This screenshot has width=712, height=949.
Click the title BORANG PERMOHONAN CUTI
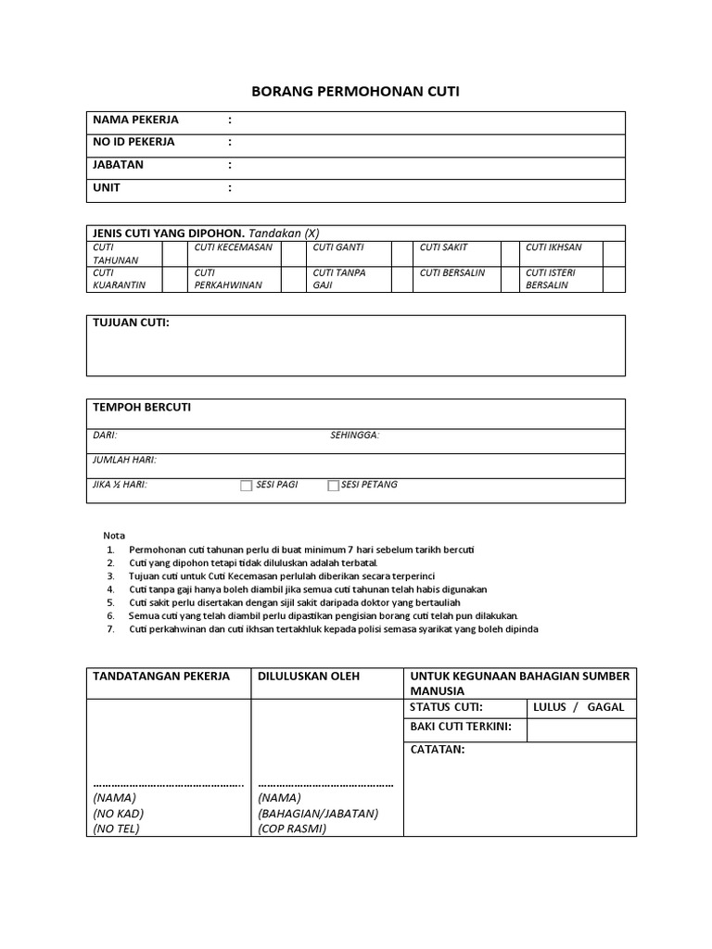click(x=355, y=92)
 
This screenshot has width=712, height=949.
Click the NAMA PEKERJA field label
click(x=135, y=120)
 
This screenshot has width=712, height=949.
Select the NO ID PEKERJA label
click(x=133, y=143)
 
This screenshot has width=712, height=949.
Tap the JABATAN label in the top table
click(x=118, y=165)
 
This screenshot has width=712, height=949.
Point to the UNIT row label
click(x=107, y=188)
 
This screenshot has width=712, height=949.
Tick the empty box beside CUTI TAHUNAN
click(x=174, y=254)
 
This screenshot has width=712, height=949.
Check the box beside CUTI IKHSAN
click(x=614, y=254)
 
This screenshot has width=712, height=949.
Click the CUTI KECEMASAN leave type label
click(x=233, y=247)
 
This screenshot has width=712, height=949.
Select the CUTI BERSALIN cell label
click(x=451, y=272)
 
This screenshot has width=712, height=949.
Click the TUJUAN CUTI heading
click(x=131, y=323)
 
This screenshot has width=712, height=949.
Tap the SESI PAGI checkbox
click(x=247, y=486)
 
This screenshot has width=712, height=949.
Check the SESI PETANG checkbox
click(x=333, y=486)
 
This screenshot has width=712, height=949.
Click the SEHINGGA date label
click(x=355, y=436)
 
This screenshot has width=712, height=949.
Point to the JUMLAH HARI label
click(x=124, y=460)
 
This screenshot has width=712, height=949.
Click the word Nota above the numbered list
click(x=113, y=536)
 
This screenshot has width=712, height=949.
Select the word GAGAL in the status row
click(x=605, y=707)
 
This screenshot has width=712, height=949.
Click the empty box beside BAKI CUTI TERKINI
click(x=581, y=730)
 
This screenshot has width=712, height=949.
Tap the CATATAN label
click(x=438, y=750)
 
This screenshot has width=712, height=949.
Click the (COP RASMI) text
click(x=292, y=829)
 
